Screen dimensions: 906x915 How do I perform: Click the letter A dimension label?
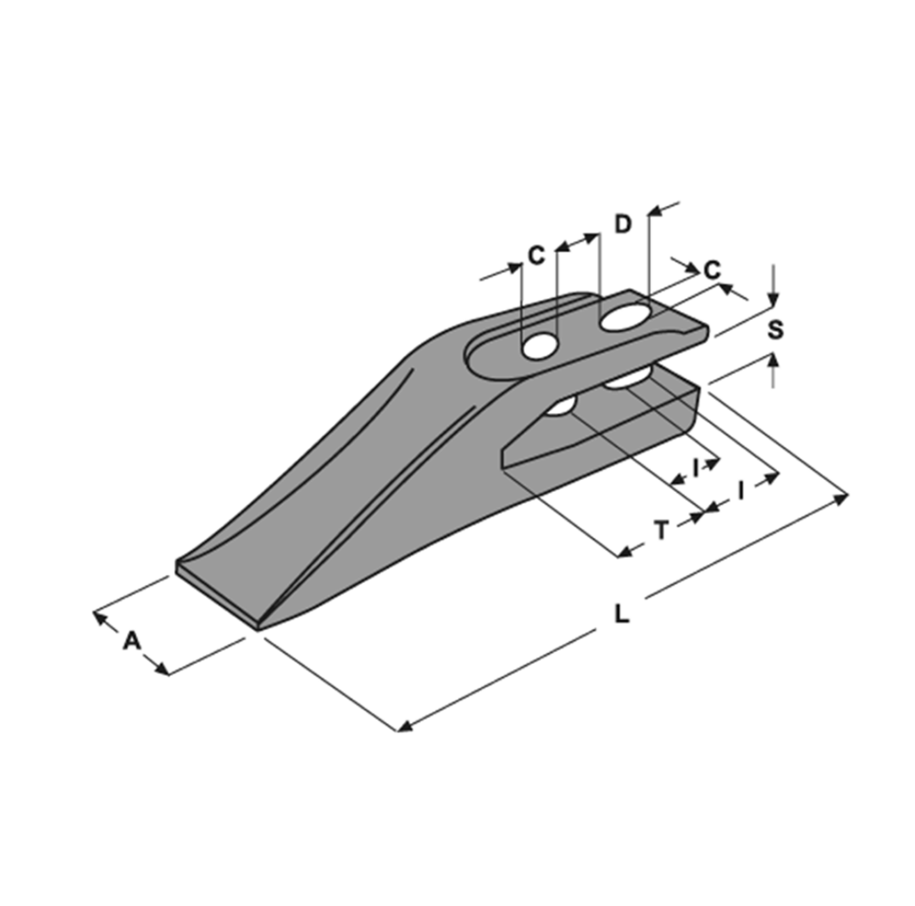[131, 641]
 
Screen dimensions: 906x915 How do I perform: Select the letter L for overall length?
[622, 614]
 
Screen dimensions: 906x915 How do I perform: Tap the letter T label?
[662, 530]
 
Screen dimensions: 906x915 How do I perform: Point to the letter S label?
[775, 329]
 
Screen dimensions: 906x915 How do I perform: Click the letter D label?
[623, 224]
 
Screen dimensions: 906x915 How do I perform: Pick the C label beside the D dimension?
[536, 255]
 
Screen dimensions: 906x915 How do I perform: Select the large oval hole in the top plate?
[625, 318]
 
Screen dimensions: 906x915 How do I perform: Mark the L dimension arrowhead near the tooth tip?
[404, 726]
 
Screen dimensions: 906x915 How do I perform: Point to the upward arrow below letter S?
[773, 361]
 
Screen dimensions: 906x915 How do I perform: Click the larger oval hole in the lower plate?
[627, 380]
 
